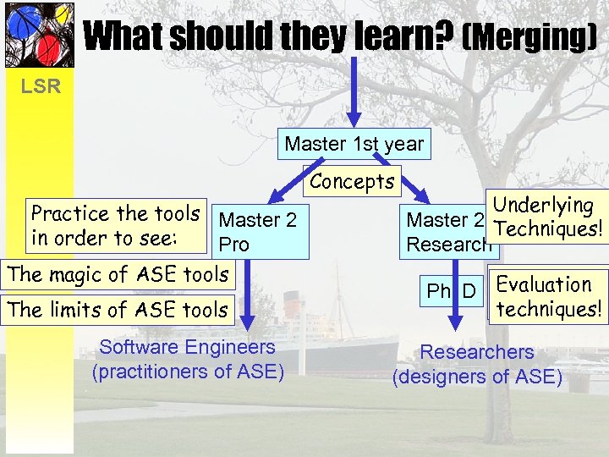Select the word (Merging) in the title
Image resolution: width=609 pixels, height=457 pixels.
[529, 36]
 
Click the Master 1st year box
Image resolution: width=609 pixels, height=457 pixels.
[354, 144]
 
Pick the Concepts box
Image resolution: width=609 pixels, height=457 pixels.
[352, 181]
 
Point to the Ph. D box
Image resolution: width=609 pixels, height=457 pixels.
[450, 292]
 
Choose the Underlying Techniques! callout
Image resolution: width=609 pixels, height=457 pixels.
[547, 217]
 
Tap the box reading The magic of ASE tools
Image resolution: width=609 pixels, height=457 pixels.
[118, 274]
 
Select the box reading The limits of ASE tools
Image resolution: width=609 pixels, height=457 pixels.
[118, 311]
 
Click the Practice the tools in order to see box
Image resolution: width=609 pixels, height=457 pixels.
[115, 225]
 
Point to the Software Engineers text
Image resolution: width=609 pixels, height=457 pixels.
[187, 347]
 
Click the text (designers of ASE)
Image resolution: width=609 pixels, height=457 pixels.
[477, 376]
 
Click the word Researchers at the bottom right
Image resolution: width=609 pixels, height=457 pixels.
[477, 352]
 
